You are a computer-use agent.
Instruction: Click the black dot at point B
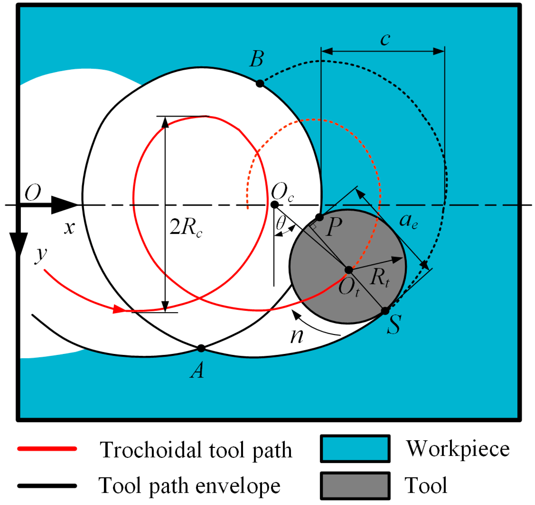click(260, 83)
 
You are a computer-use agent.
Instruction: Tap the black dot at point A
click(201, 348)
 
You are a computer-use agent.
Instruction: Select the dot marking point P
click(319, 217)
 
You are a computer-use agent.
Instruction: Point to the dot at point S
click(385, 311)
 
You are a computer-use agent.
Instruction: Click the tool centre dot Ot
click(348, 270)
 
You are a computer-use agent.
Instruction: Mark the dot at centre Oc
click(275, 205)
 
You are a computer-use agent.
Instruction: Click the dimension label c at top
click(385, 40)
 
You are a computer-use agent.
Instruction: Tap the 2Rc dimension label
click(186, 227)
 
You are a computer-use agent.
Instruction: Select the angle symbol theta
click(281, 222)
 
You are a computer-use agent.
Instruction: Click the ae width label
click(408, 221)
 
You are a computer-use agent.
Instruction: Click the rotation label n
click(297, 336)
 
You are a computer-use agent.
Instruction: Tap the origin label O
click(33, 192)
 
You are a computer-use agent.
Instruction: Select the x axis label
click(69, 228)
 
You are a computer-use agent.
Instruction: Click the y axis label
click(42, 255)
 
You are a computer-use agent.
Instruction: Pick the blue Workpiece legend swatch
click(355, 449)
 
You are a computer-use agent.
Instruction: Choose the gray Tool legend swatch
click(355, 485)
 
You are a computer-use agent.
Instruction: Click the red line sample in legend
click(47, 449)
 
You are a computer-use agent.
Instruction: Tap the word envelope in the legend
click(238, 486)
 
